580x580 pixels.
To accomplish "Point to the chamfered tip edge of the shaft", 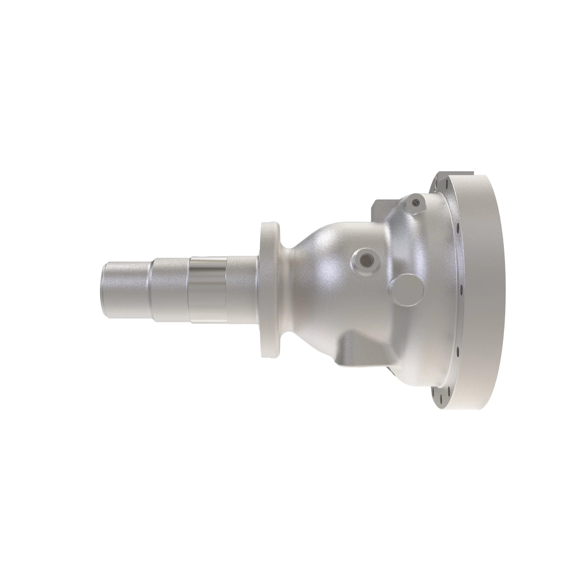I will (x=102, y=291).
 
